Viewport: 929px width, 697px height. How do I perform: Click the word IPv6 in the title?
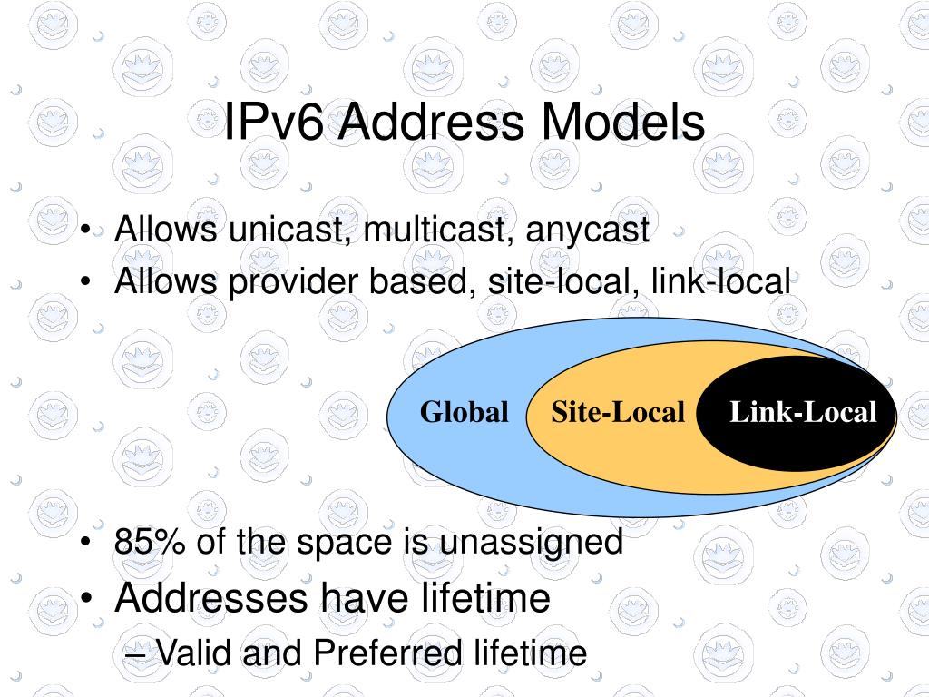point(273,123)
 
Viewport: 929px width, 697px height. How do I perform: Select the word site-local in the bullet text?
point(555,282)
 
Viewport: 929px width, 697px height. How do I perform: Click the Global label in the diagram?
point(464,413)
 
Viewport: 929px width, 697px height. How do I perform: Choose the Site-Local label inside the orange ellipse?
point(617,413)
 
